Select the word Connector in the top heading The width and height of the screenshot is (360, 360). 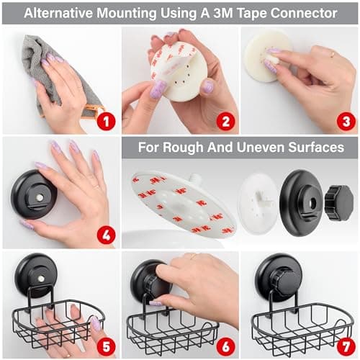(315, 12)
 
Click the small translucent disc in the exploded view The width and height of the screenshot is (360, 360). (257, 202)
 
